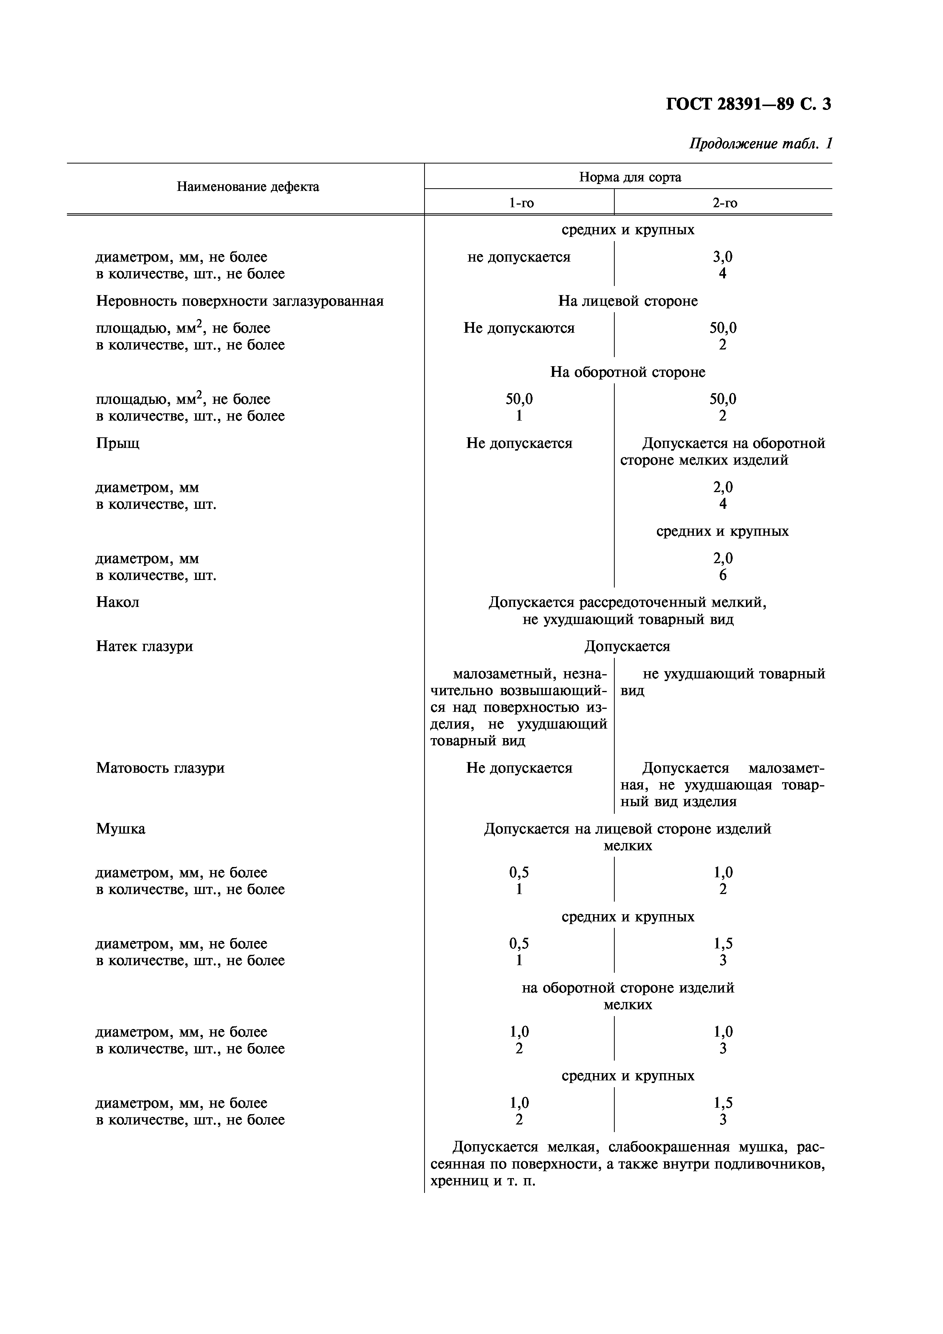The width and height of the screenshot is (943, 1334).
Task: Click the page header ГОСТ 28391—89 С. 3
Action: tap(748, 104)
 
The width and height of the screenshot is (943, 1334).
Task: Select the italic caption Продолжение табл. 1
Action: tap(760, 143)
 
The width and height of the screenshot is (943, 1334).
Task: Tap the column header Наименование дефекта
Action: tap(248, 186)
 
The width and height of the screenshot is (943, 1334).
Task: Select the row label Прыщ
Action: tap(118, 443)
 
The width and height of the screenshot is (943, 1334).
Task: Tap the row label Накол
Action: tap(118, 602)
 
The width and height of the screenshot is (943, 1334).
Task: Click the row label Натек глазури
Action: tap(144, 646)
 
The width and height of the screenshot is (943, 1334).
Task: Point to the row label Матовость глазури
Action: tap(160, 768)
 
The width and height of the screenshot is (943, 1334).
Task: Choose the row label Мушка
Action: tap(120, 829)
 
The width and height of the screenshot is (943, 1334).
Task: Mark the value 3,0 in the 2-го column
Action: tap(723, 257)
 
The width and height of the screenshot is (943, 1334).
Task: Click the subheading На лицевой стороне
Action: tap(628, 301)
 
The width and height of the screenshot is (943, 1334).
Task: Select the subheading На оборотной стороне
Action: tap(628, 372)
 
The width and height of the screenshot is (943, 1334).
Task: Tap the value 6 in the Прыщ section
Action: tap(723, 575)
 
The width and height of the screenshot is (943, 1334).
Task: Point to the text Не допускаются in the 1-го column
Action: tap(519, 328)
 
